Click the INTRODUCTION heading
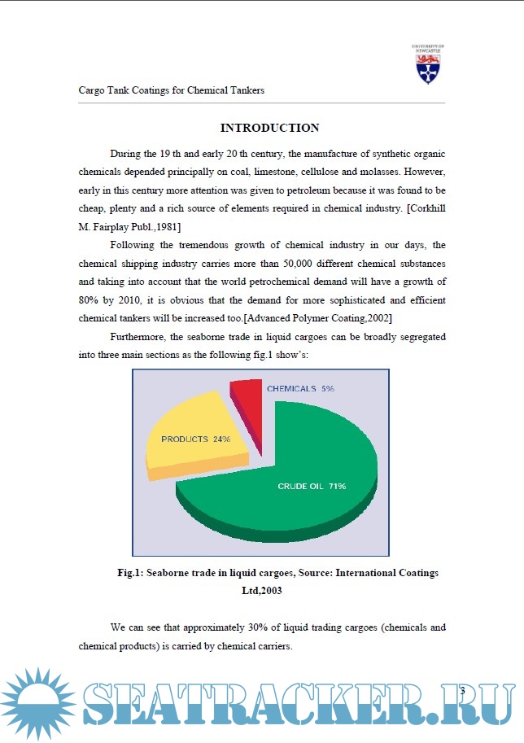pyautogui.click(x=269, y=128)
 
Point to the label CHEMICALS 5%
pyautogui.click(x=300, y=389)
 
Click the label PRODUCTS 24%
pyautogui.click(x=195, y=439)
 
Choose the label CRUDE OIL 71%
pyautogui.click(x=312, y=487)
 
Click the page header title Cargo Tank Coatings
pyautogui.click(x=171, y=90)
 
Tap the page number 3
pyautogui.click(x=461, y=691)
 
